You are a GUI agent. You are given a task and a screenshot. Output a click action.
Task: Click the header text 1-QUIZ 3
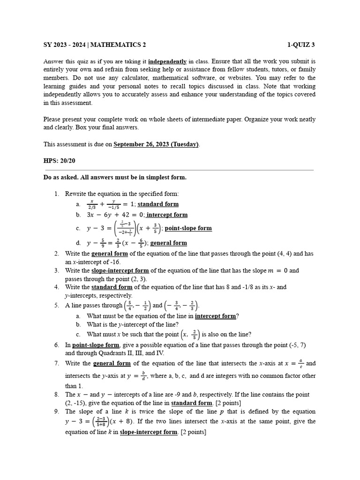coord(301,45)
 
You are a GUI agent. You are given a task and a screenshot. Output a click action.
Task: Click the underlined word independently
coord(167,61)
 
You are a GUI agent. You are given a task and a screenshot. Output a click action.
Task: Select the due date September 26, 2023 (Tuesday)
coord(156,144)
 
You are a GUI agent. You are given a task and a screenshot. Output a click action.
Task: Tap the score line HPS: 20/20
coord(59,161)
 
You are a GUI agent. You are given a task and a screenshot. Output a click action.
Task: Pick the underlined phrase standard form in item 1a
coord(158,204)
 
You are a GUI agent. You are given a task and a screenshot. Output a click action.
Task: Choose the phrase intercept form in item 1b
coord(167,215)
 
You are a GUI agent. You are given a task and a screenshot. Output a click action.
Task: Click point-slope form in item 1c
coord(188,228)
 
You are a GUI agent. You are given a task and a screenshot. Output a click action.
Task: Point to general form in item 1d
coord(168,243)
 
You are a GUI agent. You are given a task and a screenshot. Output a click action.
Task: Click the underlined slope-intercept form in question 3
coord(120,270)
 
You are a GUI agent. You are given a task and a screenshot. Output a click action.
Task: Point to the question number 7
coord(56,363)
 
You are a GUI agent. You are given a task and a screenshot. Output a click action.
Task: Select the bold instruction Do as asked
coord(60,177)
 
